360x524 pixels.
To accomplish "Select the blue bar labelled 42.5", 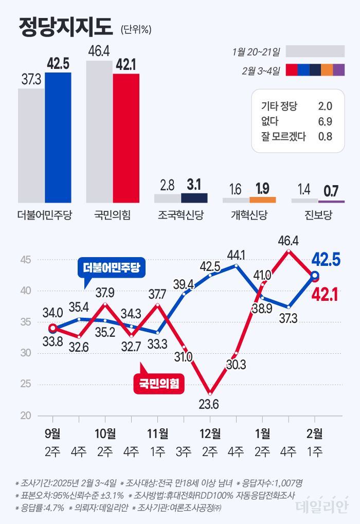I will tap(58, 138).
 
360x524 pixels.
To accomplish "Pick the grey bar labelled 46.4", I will tap(99, 131).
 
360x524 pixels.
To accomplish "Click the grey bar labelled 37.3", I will tap(31, 146).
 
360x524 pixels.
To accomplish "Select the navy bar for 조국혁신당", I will tap(194, 198).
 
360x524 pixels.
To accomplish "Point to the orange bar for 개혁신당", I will tap(262, 200).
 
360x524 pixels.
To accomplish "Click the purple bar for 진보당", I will tap(331, 201).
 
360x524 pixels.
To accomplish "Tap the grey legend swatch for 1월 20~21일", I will tap(315, 51).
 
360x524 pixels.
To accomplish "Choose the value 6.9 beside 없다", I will tap(325, 121).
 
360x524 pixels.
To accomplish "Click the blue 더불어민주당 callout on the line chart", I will tap(112, 267).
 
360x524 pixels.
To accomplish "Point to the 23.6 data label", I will tap(209, 404).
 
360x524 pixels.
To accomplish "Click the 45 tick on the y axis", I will tap(26, 260).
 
